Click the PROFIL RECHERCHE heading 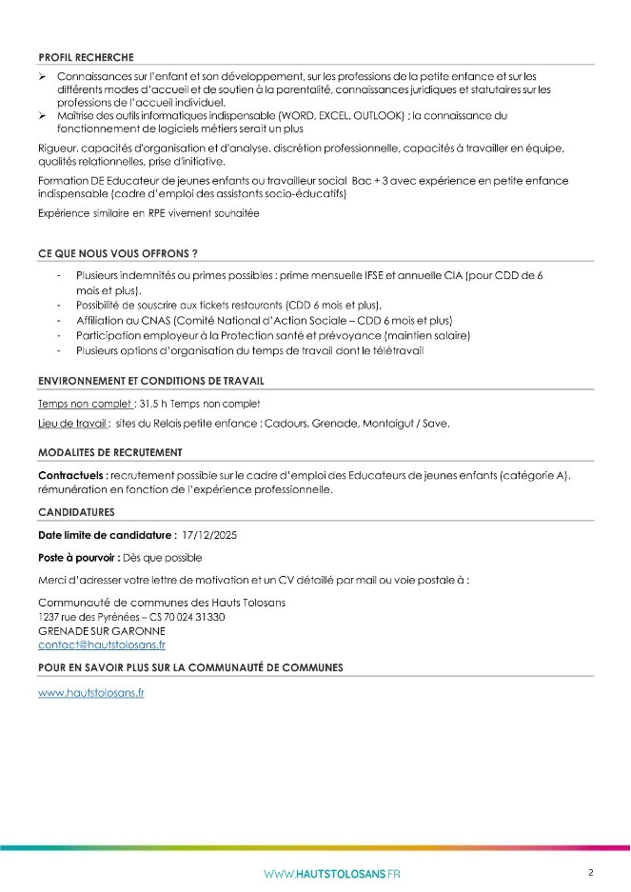pyautogui.click(x=86, y=57)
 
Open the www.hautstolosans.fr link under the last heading pyautogui.click(x=91, y=693)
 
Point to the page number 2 pyautogui.click(x=591, y=872)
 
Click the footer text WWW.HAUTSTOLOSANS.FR pyautogui.click(x=332, y=874)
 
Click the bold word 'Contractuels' pyautogui.click(x=70, y=474)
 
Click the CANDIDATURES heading pyautogui.click(x=76, y=512)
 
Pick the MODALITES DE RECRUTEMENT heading pyautogui.click(x=109, y=451)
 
